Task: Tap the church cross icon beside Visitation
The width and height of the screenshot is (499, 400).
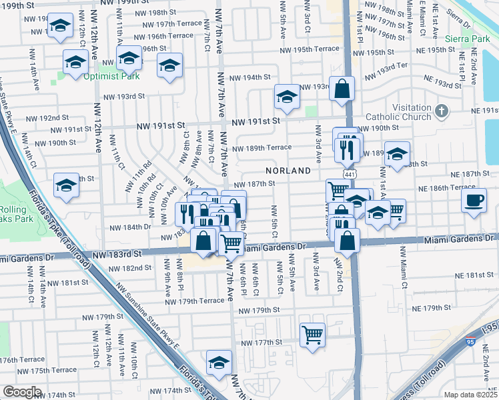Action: [440, 109]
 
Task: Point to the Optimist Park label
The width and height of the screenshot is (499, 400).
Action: [112, 76]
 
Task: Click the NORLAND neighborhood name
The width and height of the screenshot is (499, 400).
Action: [288, 171]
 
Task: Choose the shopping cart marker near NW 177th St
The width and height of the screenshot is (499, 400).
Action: [312, 335]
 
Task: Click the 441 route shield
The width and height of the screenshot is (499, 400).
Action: [350, 173]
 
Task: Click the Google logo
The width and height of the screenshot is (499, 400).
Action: [22, 392]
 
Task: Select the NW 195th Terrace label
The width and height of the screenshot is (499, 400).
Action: [310, 50]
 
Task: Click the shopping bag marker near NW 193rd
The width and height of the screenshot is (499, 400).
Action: [342, 89]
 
